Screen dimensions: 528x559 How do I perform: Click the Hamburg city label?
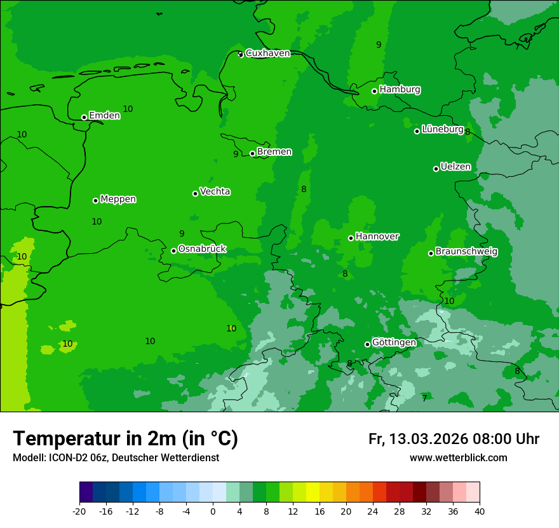click(x=400, y=90)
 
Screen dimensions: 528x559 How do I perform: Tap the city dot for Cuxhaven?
click(x=241, y=54)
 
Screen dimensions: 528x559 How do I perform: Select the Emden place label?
click(x=104, y=116)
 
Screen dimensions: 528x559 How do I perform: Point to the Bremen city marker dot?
click(x=252, y=153)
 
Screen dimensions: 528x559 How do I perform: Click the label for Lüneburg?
click(x=442, y=129)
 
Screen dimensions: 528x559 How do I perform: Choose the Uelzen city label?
click(x=455, y=167)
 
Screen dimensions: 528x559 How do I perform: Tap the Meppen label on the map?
click(x=118, y=199)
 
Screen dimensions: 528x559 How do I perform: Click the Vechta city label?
click(x=215, y=191)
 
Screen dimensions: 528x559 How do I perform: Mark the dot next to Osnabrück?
click(x=173, y=251)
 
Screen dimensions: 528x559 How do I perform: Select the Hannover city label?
click(x=377, y=237)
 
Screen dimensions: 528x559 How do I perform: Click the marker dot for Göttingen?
click(x=367, y=344)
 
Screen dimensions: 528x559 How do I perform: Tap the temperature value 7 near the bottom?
click(x=424, y=398)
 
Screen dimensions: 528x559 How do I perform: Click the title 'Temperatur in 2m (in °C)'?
click(x=125, y=438)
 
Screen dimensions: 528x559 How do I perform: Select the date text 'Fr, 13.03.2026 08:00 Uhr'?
click(x=454, y=439)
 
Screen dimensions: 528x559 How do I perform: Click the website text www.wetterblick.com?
click(x=458, y=458)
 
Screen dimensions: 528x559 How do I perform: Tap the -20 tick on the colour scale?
click(x=79, y=511)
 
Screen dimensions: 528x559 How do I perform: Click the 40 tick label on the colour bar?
click(x=480, y=511)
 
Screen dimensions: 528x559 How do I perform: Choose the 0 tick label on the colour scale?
click(x=213, y=511)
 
